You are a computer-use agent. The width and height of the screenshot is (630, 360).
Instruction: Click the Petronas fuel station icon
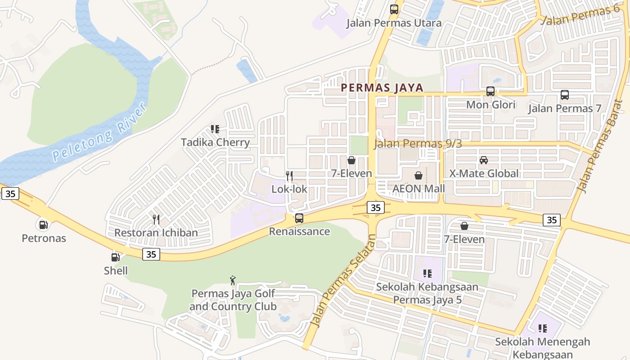(43, 224)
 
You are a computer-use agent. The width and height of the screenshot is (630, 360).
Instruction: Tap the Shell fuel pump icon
(116, 257)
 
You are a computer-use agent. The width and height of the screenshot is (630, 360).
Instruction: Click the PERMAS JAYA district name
(382, 88)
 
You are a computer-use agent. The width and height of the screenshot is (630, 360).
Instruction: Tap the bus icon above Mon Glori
(490, 91)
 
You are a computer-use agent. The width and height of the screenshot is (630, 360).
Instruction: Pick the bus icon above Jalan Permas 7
(564, 95)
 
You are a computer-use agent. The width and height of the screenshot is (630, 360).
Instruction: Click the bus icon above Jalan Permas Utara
(394, 9)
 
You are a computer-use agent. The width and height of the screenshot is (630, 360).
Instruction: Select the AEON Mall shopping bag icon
(418, 175)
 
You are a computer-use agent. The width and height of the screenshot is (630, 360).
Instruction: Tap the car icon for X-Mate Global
(484, 160)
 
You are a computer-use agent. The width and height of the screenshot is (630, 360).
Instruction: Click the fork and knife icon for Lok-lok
(289, 175)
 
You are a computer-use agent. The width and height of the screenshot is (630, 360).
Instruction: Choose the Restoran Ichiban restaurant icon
(156, 219)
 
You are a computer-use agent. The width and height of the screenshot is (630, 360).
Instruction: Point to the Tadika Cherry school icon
(215, 129)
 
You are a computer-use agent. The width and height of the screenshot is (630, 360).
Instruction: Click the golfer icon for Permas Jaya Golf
(233, 280)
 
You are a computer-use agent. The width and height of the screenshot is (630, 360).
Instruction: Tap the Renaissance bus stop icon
(299, 218)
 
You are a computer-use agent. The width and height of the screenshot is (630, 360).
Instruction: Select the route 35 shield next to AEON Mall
(375, 207)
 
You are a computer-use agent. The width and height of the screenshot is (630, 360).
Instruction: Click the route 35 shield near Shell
(151, 254)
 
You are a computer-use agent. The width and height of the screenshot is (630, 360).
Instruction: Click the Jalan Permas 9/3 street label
(418, 144)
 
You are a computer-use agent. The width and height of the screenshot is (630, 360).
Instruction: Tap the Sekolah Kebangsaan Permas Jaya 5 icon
(427, 273)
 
